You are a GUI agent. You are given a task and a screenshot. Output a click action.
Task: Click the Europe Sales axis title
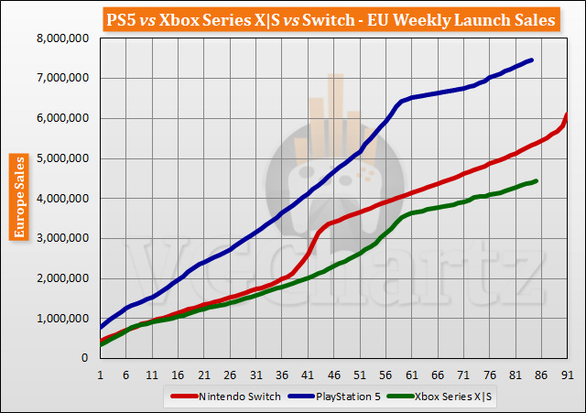click(x=17, y=197)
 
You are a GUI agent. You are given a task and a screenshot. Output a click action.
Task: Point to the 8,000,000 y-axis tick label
click(x=61, y=38)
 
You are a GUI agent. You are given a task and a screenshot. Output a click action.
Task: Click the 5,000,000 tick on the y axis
click(x=61, y=158)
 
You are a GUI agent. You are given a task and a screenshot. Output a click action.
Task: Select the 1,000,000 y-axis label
click(x=61, y=319)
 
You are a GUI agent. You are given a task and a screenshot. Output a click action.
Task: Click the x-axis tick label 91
click(x=568, y=375)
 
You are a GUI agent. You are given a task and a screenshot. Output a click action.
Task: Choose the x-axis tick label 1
click(x=100, y=375)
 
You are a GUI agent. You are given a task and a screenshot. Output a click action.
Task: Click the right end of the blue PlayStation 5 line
click(x=532, y=60)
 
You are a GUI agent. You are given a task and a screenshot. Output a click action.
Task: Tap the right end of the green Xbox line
click(x=537, y=181)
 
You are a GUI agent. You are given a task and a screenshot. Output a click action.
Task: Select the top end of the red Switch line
click(x=567, y=114)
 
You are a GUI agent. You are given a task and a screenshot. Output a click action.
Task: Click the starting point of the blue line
click(x=100, y=326)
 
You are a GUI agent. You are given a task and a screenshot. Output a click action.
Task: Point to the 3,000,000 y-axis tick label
click(x=61, y=239)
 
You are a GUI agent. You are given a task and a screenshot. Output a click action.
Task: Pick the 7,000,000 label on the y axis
click(x=61, y=79)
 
